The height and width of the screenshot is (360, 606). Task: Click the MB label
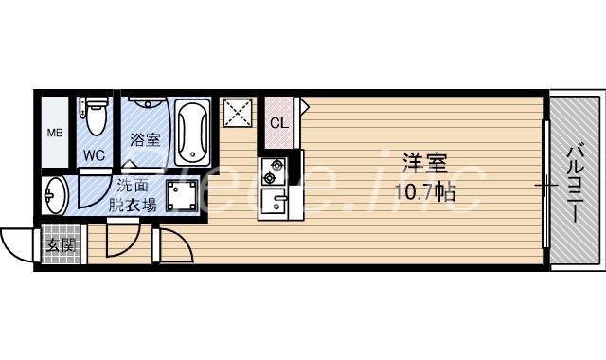click(x=55, y=132)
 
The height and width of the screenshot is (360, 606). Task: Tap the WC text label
click(x=94, y=154)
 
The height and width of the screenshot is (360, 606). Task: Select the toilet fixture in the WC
click(x=94, y=118)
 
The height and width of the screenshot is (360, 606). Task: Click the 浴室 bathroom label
click(x=145, y=139)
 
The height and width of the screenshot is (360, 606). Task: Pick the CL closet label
click(x=279, y=123)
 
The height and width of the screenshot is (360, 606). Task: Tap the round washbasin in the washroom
click(x=55, y=196)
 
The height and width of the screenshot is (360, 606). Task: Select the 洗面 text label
click(x=133, y=185)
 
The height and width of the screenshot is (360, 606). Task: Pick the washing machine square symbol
click(x=183, y=195)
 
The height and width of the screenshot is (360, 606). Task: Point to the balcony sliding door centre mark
click(x=544, y=183)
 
